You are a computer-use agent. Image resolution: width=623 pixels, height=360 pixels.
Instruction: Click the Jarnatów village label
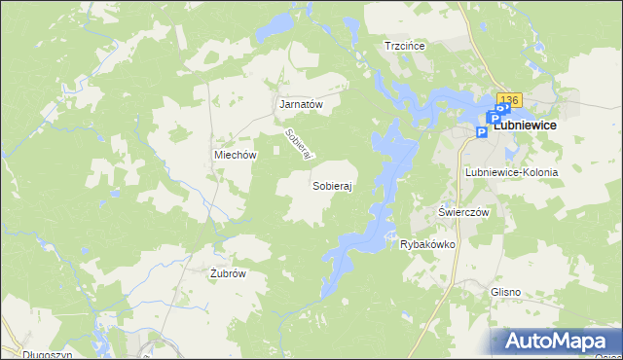click(301, 104)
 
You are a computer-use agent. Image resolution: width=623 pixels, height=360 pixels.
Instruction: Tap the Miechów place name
click(235, 155)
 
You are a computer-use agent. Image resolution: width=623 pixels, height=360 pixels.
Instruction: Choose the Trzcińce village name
click(407, 46)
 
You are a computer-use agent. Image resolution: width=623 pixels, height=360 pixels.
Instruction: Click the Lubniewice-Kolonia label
click(511, 172)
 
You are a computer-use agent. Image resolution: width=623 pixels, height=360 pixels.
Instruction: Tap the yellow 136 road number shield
click(510, 100)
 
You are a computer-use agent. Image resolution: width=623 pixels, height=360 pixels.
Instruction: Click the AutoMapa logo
click(557, 342)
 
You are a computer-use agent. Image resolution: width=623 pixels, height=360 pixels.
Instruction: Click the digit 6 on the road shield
click(517, 100)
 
